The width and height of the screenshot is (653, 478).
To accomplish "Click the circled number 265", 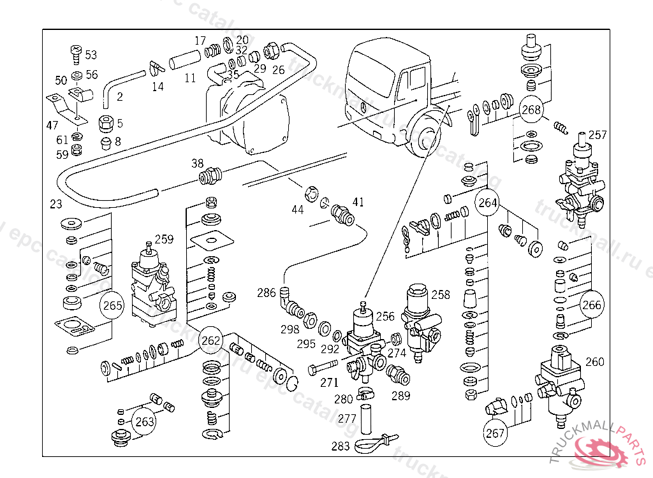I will [112, 306].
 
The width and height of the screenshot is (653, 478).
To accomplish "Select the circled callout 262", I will [210, 340].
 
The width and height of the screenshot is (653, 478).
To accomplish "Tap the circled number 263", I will [145, 421].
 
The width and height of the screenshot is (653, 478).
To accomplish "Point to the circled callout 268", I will [531, 110].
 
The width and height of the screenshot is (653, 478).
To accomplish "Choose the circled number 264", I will [488, 204].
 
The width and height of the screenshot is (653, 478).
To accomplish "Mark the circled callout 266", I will [592, 305].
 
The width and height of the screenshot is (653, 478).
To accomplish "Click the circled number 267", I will [495, 433].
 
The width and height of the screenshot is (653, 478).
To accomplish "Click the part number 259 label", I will [164, 240].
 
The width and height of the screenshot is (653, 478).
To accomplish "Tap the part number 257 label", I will [598, 135].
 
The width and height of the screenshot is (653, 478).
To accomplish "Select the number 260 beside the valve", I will [594, 362].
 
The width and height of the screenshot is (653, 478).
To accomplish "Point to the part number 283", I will [341, 446].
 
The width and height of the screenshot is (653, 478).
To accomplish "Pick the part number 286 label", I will [267, 293].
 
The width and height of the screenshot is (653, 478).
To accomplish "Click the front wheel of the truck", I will [425, 139].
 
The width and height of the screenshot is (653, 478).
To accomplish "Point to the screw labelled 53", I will [75, 52].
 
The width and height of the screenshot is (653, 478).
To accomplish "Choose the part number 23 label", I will [56, 205].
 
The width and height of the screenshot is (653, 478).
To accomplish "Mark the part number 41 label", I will [358, 203].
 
